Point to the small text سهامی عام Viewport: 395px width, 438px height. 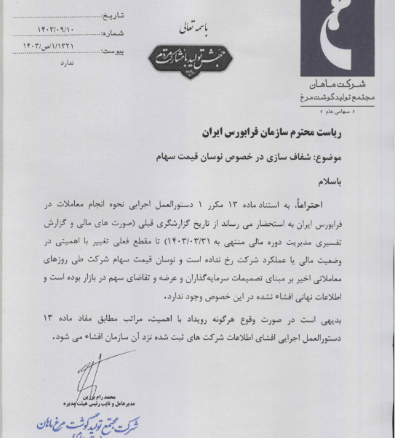[x=346, y=110]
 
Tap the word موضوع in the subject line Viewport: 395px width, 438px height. [x=354, y=156]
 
